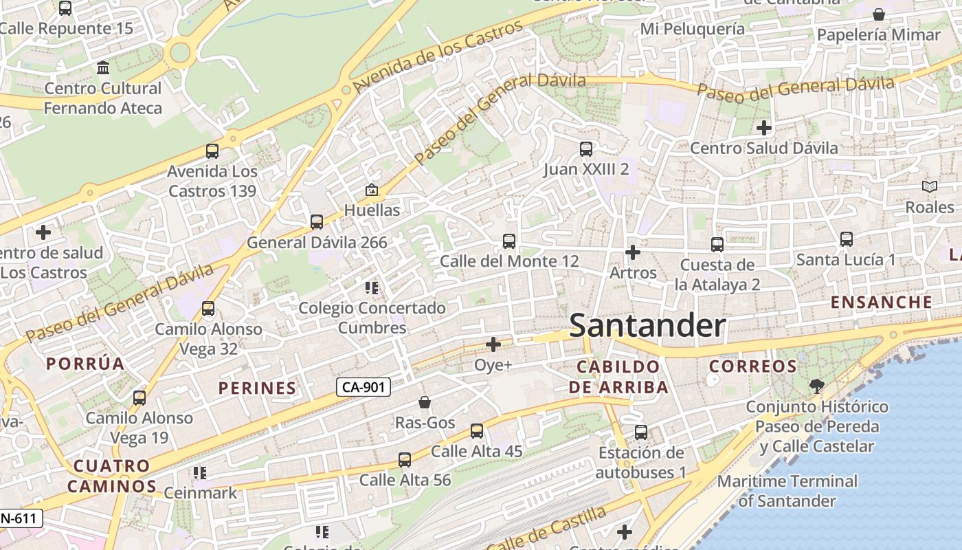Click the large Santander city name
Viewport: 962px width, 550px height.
click(647, 325)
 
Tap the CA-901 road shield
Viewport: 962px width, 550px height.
click(363, 387)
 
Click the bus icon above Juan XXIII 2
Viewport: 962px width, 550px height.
click(585, 148)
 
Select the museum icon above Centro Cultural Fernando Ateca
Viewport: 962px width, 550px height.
click(103, 67)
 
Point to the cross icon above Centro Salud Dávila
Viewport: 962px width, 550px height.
click(763, 128)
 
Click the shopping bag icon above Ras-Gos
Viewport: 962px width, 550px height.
click(425, 402)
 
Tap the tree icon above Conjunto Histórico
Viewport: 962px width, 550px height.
click(816, 386)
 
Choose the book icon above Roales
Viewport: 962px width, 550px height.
click(929, 186)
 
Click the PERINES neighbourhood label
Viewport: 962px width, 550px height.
click(257, 388)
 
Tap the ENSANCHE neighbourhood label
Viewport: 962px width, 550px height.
click(881, 302)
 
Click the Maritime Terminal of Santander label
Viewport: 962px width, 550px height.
click(787, 491)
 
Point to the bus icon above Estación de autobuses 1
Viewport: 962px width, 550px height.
click(640, 432)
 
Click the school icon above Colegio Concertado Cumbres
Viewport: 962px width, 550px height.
click(372, 287)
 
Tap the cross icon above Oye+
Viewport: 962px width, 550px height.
click(493, 344)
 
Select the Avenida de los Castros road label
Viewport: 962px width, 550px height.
click(438, 58)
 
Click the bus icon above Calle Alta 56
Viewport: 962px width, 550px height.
click(405, 459)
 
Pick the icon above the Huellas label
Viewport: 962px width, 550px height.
click(372, 189)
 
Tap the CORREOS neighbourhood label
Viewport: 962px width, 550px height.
click(752, 366)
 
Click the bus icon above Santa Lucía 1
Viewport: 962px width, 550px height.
click(846, 239)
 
